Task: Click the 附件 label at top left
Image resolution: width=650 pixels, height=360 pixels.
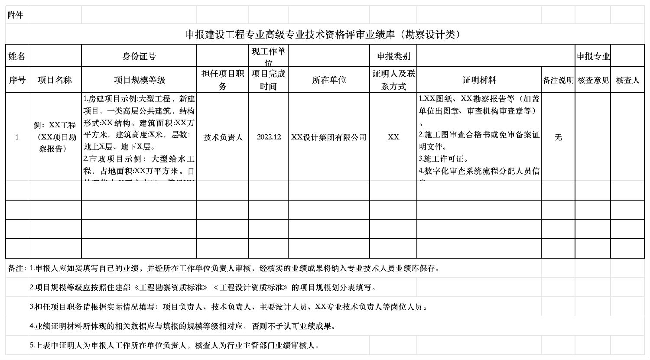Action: (x=15, y=15)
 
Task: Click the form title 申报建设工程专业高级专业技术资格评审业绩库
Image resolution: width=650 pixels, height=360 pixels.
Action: (x=322, y=35)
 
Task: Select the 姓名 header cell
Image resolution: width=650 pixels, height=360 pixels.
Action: (x=17, y=56)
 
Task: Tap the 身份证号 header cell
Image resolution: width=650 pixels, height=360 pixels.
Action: (x=139, y=56)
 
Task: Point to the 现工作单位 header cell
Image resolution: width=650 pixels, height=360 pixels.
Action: (x=268, y=56)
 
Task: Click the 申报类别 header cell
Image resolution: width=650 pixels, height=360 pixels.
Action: (x=393, y=56)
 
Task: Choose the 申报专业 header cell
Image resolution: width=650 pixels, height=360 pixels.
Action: (x=593, y=56)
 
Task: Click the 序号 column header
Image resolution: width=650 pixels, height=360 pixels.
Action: (x=17, y=80)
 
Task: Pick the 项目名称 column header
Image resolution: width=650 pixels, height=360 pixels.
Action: (x=55, y=80)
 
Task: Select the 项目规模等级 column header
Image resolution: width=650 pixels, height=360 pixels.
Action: (x=139, y=80)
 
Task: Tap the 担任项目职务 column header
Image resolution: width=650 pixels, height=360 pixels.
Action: (x=223, y=80)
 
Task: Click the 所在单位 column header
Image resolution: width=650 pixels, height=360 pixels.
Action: (x=329, y=80)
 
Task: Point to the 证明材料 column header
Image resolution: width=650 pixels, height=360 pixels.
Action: (x=479, y=80)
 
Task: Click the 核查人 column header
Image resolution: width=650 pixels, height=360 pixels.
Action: (x=627, y=80)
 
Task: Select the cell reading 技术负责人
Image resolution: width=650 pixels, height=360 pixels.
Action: (x=223, y=137)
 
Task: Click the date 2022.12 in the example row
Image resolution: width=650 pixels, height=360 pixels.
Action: (x=269, y=137)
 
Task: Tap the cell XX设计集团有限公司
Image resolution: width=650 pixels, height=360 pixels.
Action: (x=329, y=137)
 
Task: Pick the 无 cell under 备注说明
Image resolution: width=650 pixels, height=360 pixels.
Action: (x=558, y=137)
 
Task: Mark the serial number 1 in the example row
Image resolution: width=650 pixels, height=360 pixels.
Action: (x=17, y=137)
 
